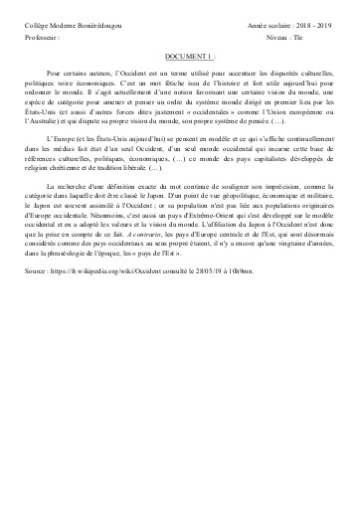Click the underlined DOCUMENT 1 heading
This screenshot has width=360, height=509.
179,58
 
